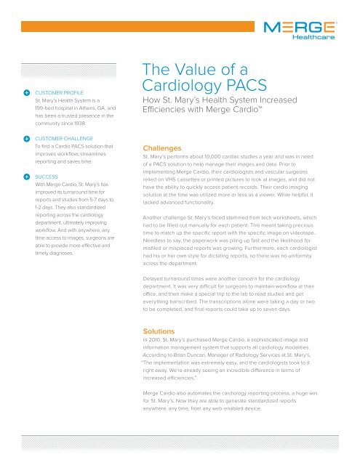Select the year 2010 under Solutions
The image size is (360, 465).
pyautogui.click(x=157, y=340)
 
